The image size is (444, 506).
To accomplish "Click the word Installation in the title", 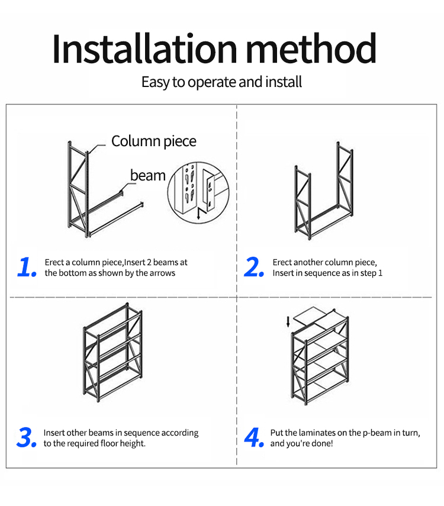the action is (144, 49).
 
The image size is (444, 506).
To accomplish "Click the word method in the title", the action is (311, 48).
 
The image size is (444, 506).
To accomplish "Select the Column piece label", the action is (154, 141).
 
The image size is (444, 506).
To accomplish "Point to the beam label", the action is (148, 175).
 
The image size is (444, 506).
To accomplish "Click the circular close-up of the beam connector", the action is (198, 193).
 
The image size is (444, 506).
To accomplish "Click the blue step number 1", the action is (27, 267).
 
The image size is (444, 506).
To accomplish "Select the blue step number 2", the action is (254, 267).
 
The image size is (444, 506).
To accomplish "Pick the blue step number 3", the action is (27, 437).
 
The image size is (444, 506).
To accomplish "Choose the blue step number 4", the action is (254, 437).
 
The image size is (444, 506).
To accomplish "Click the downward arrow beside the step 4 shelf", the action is (288, 322).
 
